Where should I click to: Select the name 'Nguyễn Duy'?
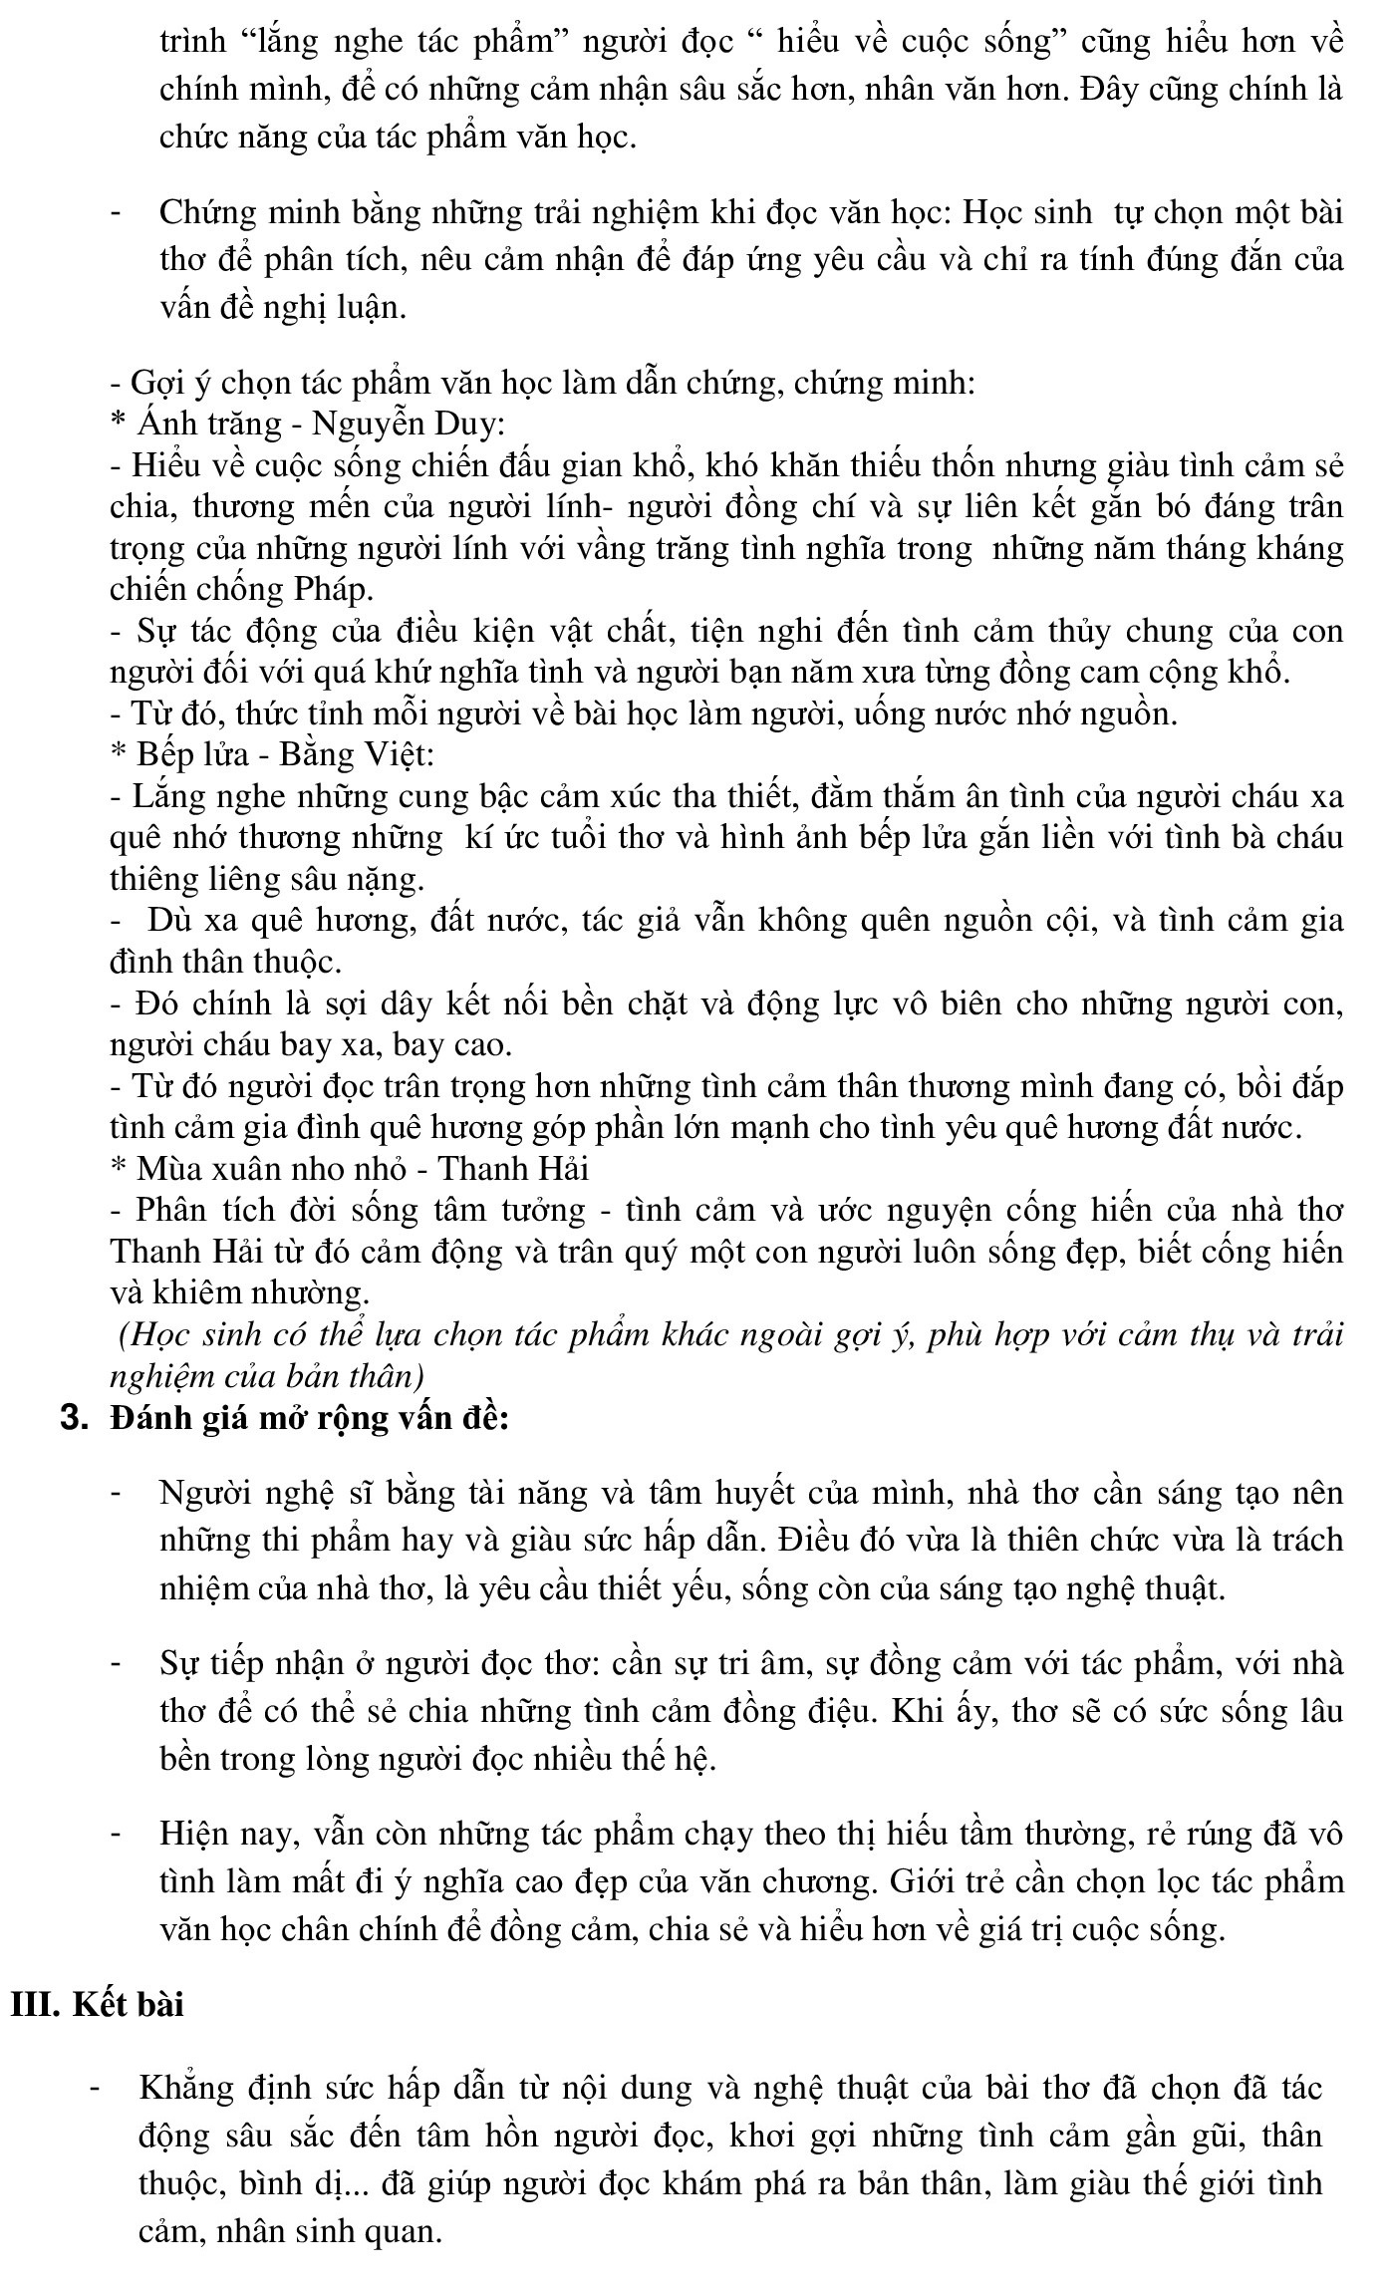click(408, 425)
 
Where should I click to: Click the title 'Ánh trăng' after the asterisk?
click(210, 425)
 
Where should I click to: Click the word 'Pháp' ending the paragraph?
click(333, 590)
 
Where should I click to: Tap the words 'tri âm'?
click(769, 1664)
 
